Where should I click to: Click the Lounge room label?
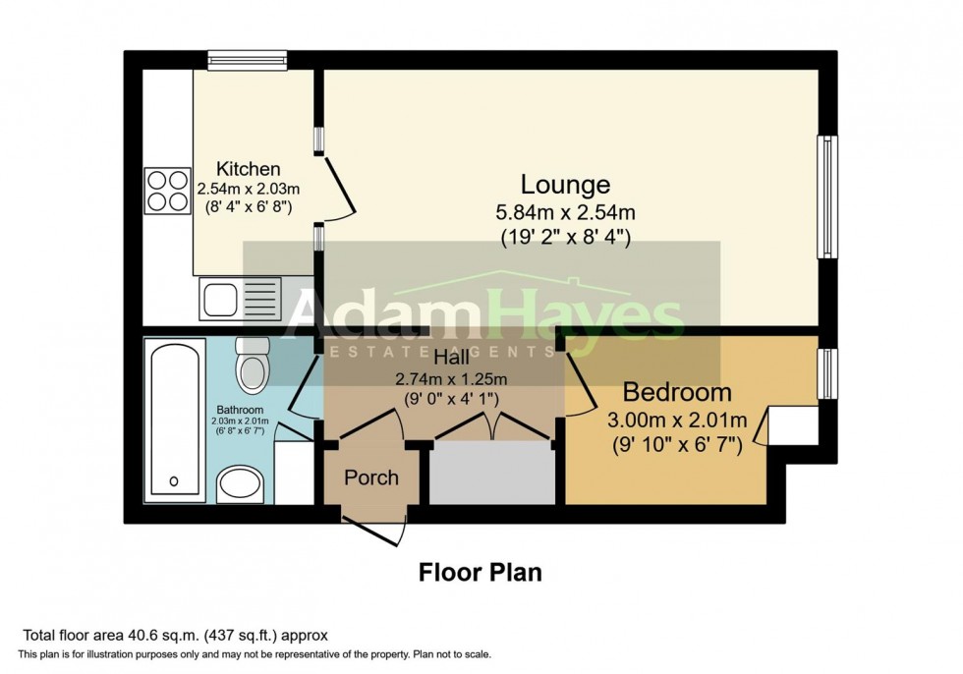565,184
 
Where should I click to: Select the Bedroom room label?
677,393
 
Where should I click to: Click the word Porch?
371,477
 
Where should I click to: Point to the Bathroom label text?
241,410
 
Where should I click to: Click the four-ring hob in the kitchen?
168,191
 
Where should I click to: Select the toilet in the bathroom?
254,365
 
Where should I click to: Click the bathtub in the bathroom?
174,421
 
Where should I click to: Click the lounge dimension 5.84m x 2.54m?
565,211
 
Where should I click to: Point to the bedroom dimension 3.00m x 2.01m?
677,421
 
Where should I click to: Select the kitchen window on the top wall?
247,60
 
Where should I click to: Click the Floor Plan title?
481,572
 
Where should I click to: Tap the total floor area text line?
174,635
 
